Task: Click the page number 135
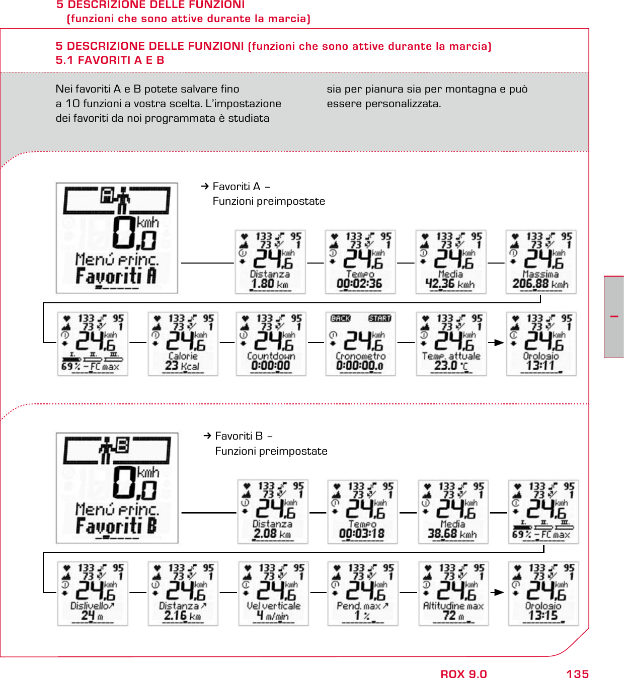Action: click(x=577, y=674)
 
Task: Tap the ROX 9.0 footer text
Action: click(x=463, y=674)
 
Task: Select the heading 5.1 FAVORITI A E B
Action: click(x=110, y=60)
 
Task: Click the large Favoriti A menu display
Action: click(x=117, y=238)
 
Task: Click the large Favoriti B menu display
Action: click(x=117, y=488)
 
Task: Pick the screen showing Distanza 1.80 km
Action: click(x=270, y=262)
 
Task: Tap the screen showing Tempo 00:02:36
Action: click(x=360, y=262)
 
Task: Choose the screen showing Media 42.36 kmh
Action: click(x=450, y=262)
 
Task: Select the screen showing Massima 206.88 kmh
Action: click(x=541, y=262)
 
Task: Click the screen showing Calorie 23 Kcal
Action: click(x=183, y=344)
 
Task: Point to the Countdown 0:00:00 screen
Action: click(x=271, y=344)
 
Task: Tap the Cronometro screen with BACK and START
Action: click(x=360, y=344)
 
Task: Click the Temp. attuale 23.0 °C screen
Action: click(x=451, y=344)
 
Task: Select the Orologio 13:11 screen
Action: click(x=541, y=344)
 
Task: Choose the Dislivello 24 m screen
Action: click(x=93, y=594)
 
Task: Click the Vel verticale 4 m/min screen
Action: click(x=274, y=594)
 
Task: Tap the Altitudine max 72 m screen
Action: click(x=453, y=594)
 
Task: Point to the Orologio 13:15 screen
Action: click(x=543, y=594)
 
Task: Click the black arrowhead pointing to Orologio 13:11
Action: click(x=499, y=343)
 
